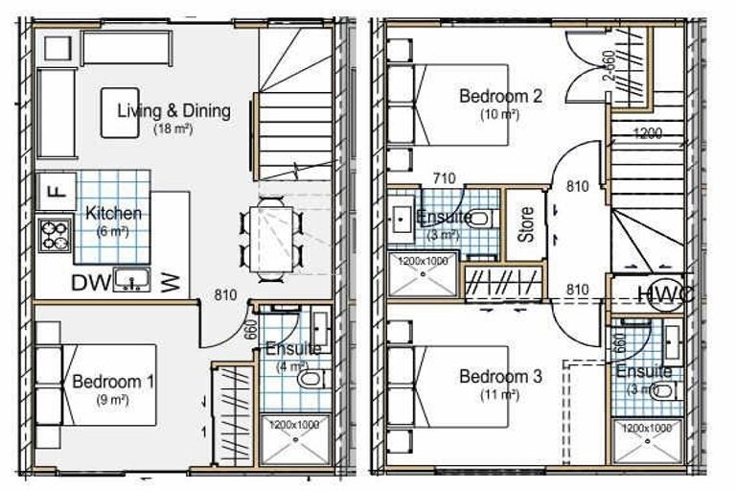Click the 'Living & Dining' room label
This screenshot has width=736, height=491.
tap(173, 110)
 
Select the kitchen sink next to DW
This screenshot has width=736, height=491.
tap(130, 280)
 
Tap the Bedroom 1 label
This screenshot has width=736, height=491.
tap(113, 382)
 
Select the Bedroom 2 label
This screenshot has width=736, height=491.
tap(500, 96)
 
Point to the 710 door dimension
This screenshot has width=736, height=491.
tap(444, 178)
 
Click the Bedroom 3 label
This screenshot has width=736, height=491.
tap(500, 376)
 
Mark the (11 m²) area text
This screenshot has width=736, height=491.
tap(500, 394)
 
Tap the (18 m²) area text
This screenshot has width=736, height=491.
tap(173, 129)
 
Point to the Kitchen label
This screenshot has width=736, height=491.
tap(113, 213)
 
